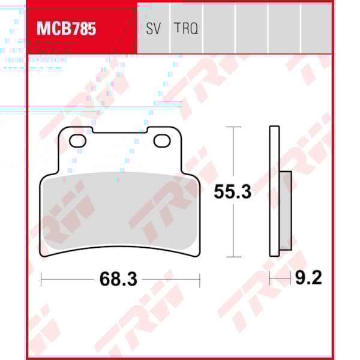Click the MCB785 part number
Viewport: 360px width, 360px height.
[66, 29]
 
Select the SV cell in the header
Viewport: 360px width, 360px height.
[153, 28]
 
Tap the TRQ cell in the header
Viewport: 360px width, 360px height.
[186, 28]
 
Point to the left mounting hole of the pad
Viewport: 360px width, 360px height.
[77, 141]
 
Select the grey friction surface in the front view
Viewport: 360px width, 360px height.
[120, 210]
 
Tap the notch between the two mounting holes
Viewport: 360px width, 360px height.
[120, 131]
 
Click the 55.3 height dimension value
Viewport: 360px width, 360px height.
[232, 192]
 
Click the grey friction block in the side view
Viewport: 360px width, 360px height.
[286, 210]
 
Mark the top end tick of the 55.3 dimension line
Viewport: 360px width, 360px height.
[232, 127]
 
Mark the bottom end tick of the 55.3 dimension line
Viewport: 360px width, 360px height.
[232, 256]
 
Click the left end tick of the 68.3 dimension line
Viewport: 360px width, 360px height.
[41, 279]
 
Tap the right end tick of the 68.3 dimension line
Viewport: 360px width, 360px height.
[199, 279]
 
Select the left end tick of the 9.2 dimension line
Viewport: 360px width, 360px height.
[270, 278]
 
